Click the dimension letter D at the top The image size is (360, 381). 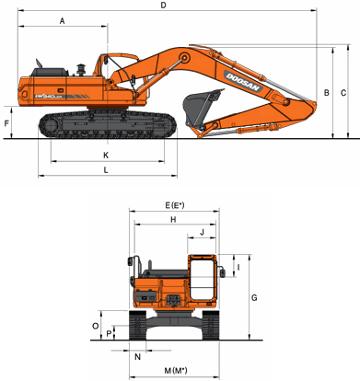(163, 6)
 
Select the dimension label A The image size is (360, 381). (63, 21)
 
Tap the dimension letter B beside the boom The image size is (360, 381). (327, 92)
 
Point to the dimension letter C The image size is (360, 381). (343, 92)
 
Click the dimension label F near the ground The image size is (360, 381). (6, 123)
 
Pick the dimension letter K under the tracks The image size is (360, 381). (106, 156)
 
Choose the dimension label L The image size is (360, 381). (106, 170)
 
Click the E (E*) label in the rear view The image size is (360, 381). (175, 205)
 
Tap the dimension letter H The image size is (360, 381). (173, 220)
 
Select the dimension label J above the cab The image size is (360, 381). (202, 232)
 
